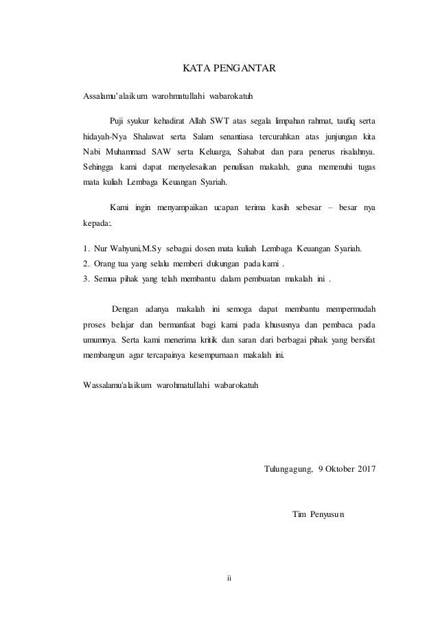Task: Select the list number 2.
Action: point(85,263)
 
